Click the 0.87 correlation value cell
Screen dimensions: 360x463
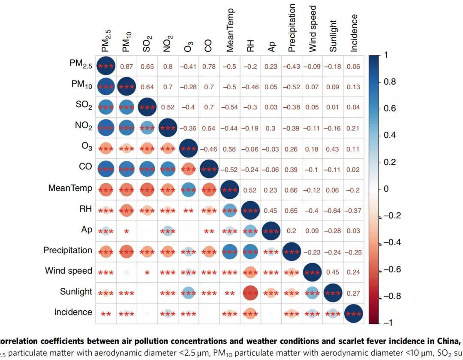[x=126, y=67]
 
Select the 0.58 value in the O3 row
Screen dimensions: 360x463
[x=229, y=149]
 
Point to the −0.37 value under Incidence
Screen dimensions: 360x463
[x=354, y=211]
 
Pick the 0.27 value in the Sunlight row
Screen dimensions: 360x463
[x=354, y=293]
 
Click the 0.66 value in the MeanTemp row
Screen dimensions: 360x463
[x=292, y=190]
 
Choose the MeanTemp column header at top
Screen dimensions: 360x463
[x=230, y=30]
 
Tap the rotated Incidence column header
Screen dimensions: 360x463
[x=354, y=33]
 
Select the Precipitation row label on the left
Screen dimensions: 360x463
[x=67, y=250]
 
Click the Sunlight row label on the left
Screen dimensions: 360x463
[x=76, y=292]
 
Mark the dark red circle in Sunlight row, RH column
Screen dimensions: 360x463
[x=250, y=293]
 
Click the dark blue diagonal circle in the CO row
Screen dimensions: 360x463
[x=209, y=169]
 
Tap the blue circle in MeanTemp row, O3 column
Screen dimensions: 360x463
[x=188, y=190]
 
